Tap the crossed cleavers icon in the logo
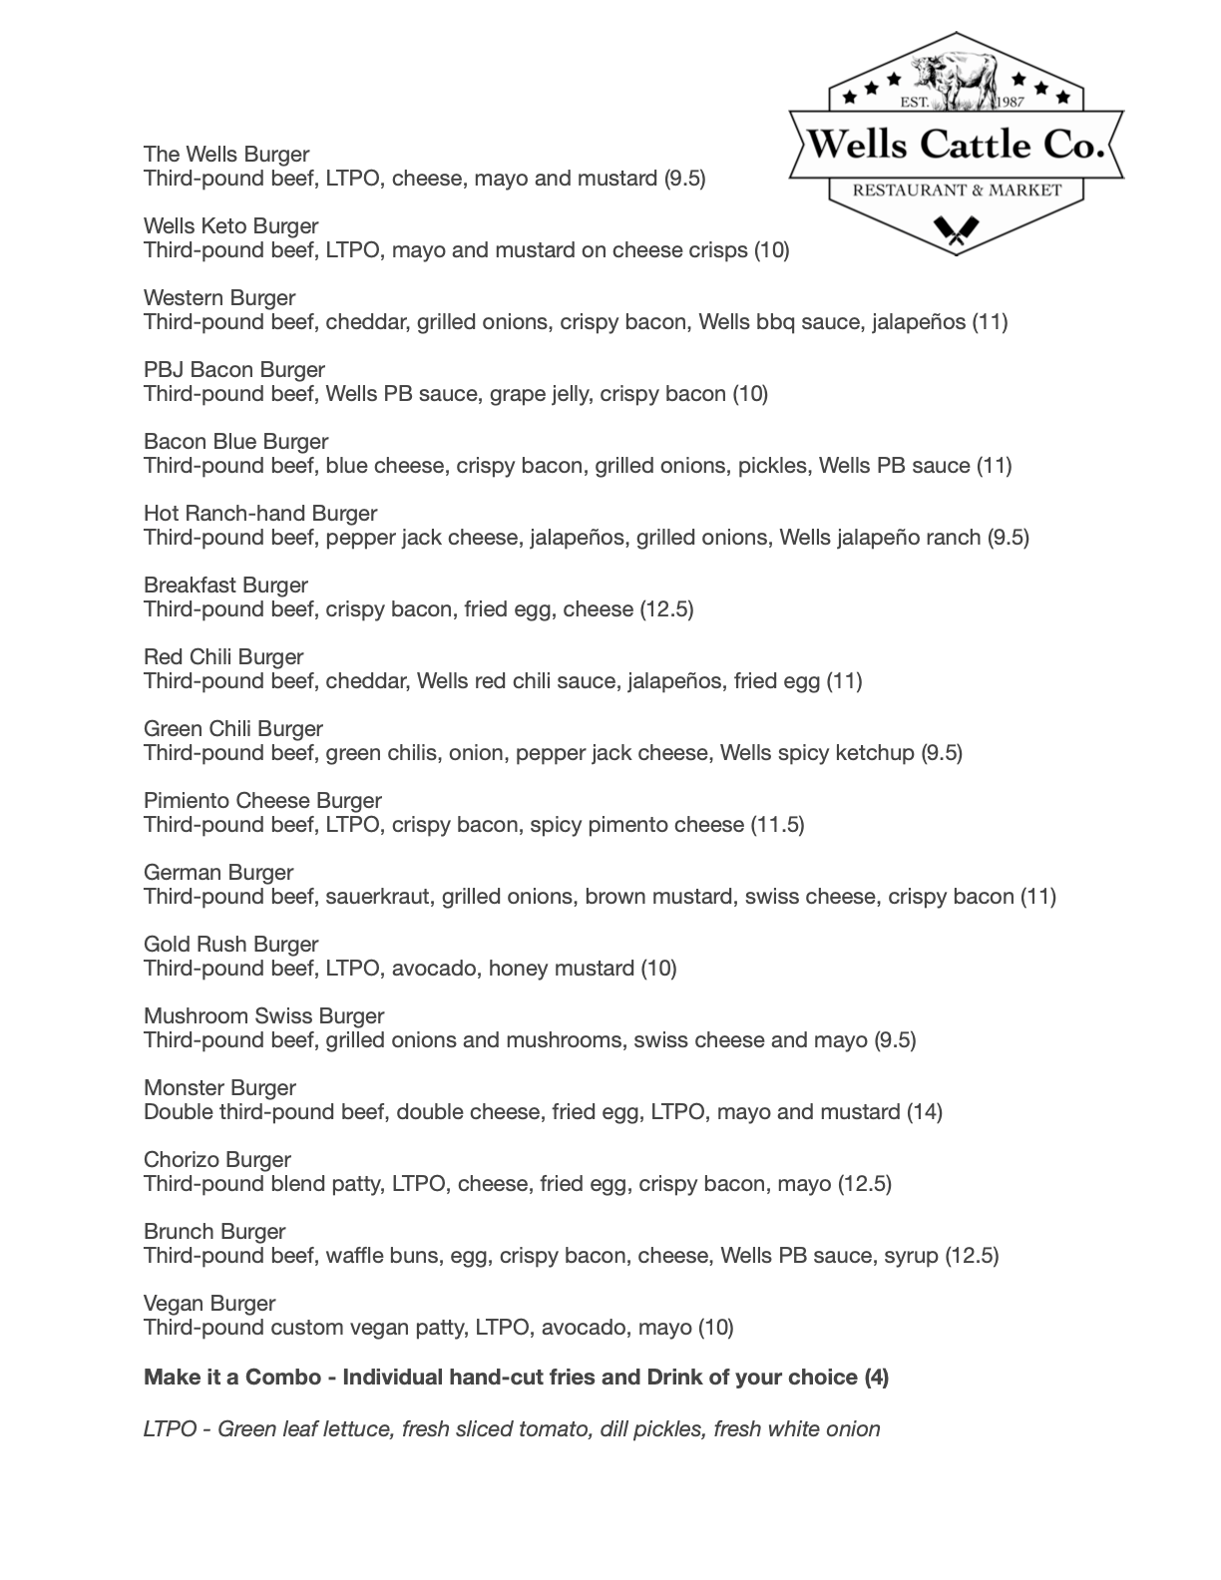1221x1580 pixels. pos(956,231)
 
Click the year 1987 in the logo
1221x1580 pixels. pos(1010,103)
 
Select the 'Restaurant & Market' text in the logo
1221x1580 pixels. pos(957,190)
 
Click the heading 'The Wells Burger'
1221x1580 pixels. pos(226,154)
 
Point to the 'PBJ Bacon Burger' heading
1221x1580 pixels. pos(234,369)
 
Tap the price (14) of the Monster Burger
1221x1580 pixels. pos(924,1111)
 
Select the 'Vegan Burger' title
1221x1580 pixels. pos(209,1303)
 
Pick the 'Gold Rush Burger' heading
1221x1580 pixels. pos(231,944)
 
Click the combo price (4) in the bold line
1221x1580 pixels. pos(876,1377)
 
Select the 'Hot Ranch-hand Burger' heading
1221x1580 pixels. pos(260,513)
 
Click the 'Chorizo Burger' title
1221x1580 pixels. pos(217,1159)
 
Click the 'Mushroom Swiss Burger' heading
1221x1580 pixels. pos(263,1015)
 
